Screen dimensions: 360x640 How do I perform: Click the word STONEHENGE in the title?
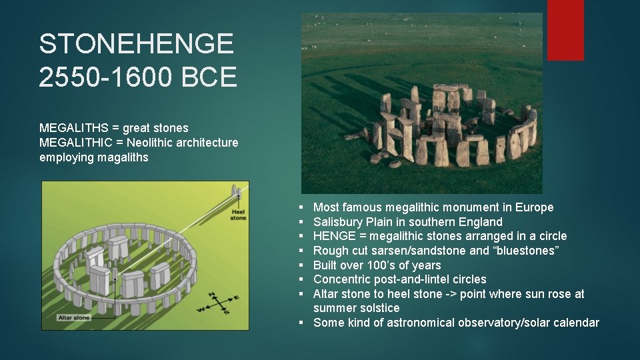(x=137, y=45)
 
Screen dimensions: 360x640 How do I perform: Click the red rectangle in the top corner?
(x=565, y=30)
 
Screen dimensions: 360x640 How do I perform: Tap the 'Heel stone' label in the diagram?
(x=237, y=215)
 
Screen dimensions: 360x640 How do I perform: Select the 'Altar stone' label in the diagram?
(x=73, y=318)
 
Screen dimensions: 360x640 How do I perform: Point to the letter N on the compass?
(x=211, y=294)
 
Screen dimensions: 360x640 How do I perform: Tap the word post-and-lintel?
(x=408, y=279)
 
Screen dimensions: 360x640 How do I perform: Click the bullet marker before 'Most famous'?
(x=302, y=208)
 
